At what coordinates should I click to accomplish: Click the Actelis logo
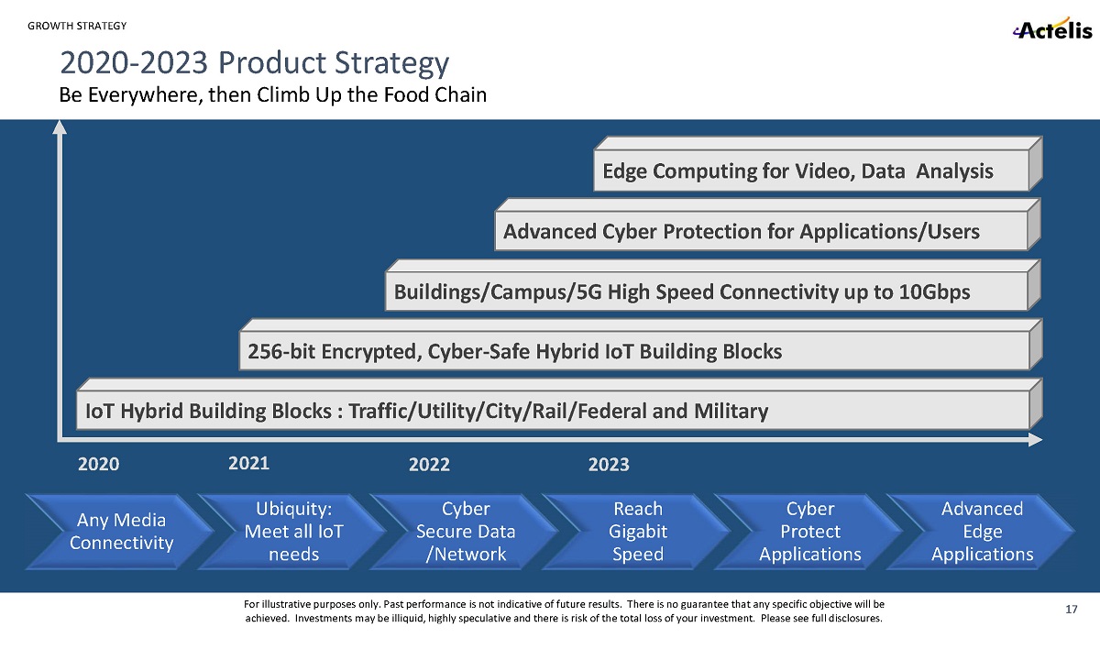point(1052,30)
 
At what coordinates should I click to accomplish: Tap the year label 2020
point(99,465)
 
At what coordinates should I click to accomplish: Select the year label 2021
point(248,463)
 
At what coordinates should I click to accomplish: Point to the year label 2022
point(429,465)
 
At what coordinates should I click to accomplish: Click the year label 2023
point(609,465)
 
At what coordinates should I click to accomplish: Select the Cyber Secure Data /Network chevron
point(465,532)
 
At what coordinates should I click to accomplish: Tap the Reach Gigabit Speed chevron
point(637,532)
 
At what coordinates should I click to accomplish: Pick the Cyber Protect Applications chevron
point(809,532)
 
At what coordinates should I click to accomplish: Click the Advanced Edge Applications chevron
point(982,532)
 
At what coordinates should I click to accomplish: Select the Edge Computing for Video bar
point(797,171)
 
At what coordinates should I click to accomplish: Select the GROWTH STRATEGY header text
point(77,26)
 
